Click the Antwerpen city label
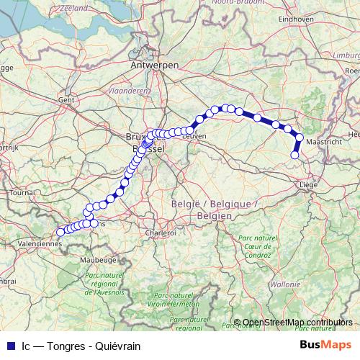click(154, 65)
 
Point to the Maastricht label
click(323, 143)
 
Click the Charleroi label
click(161, 233)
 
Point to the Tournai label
click(22, 193)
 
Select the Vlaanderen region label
click(127, 91)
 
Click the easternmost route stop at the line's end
click(294, 155)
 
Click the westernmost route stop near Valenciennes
click(60, 232)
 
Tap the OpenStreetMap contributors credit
click(297, 322)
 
